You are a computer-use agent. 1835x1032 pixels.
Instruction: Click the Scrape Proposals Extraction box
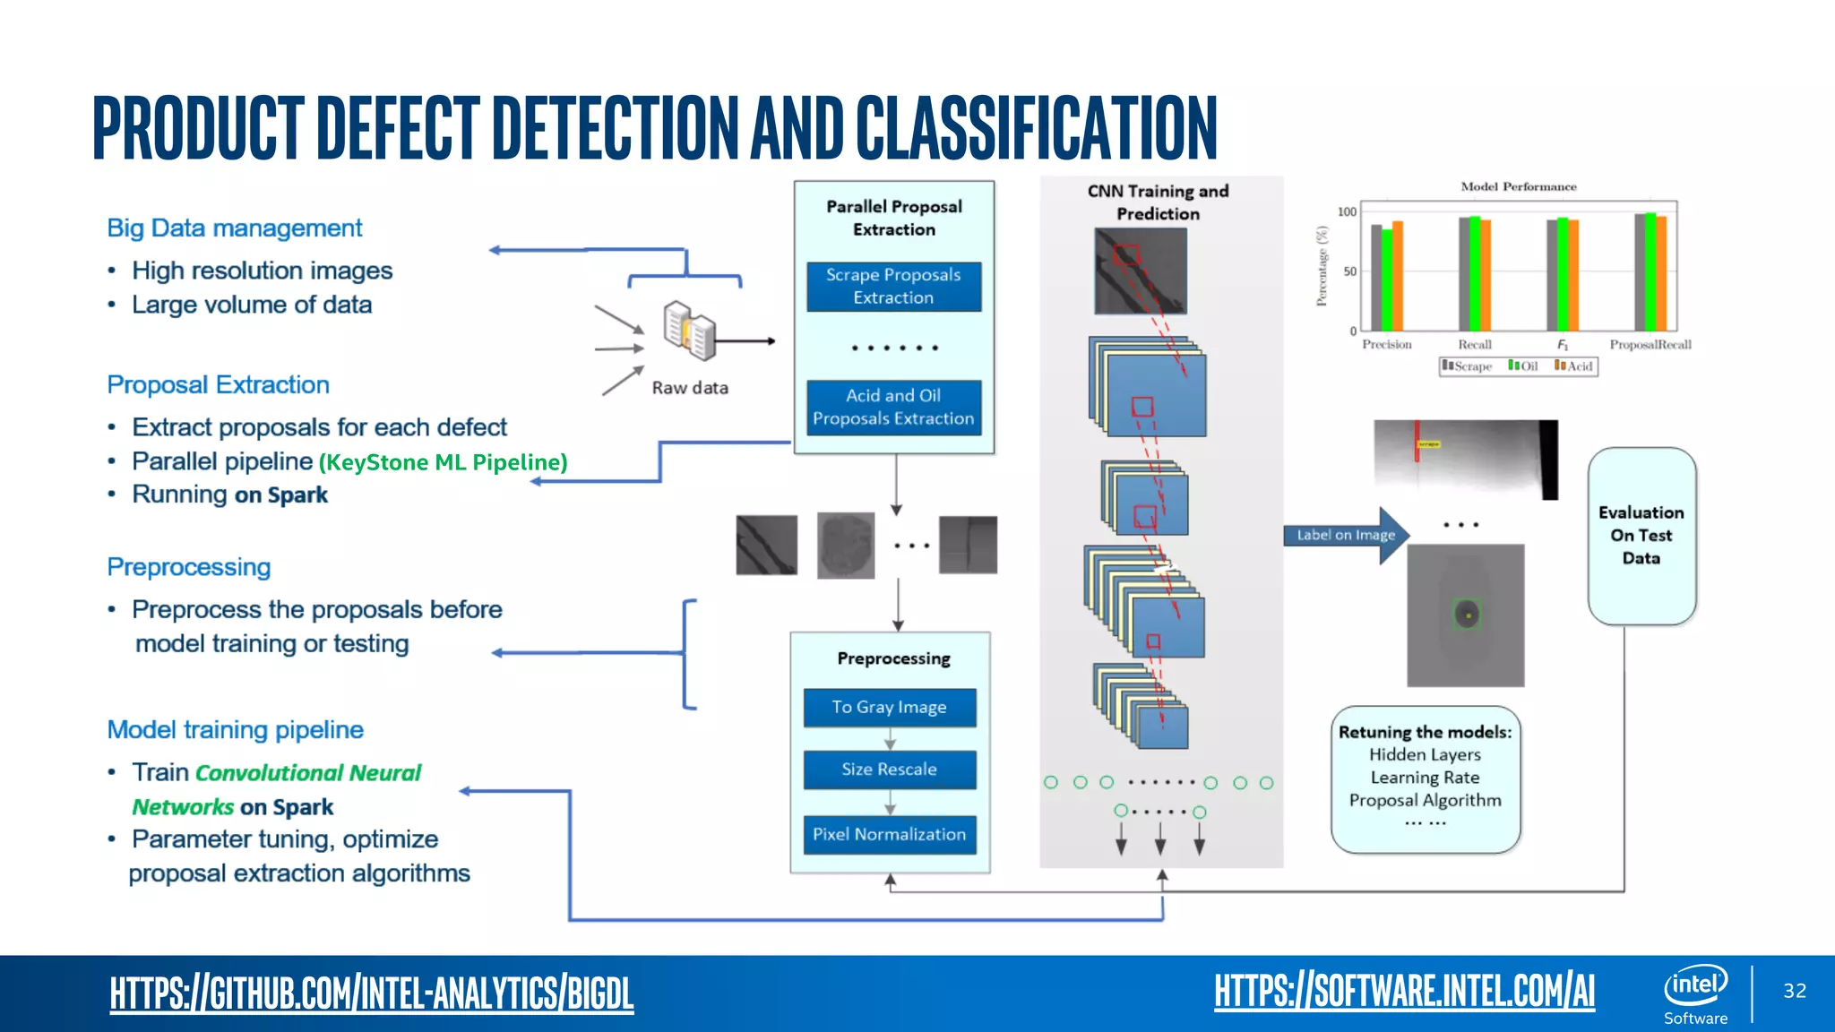[x=893, y=287]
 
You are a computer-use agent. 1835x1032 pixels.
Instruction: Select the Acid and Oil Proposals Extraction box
[x=893, y=408]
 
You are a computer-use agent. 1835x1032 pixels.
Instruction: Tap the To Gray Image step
[x=889, y=708]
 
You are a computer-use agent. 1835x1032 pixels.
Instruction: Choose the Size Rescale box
[x=889, y=770]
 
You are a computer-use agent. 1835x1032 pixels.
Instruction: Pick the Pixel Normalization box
[x=889, y=835]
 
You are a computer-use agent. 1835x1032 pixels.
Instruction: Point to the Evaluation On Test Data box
[x=1641, y=536]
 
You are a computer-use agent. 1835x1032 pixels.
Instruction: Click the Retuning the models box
[x=1425, y=778]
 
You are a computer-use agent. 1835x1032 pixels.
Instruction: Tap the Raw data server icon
[x=689, y=331]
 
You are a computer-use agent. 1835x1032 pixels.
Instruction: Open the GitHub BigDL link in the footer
[x=372, y=993]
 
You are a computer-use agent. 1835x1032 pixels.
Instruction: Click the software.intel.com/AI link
[x=1404, y=992]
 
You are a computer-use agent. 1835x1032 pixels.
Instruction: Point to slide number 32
[x=1794, y=991]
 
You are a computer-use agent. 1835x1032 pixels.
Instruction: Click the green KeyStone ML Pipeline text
[x=444, y=462]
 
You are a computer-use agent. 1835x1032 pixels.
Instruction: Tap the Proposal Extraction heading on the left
[x=218, y=385]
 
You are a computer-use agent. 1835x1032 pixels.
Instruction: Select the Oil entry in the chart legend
[x=1523, y=366]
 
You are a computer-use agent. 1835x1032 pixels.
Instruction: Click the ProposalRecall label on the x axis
[x=1650, y=345]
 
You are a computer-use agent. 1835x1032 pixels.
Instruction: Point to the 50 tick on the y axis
[x=1349, y=271]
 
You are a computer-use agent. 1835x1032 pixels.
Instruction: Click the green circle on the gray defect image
[x=1467, y=615]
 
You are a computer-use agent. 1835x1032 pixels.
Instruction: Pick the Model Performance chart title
[x=1518, y=186]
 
